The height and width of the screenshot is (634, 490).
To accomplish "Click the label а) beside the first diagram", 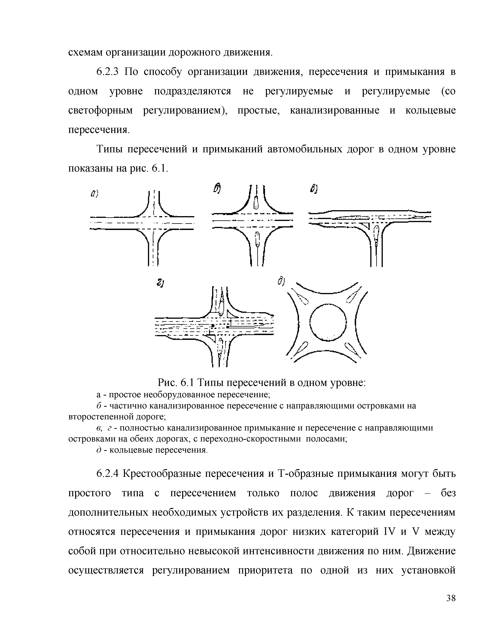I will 94,193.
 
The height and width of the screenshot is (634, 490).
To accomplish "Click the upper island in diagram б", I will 256,202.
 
